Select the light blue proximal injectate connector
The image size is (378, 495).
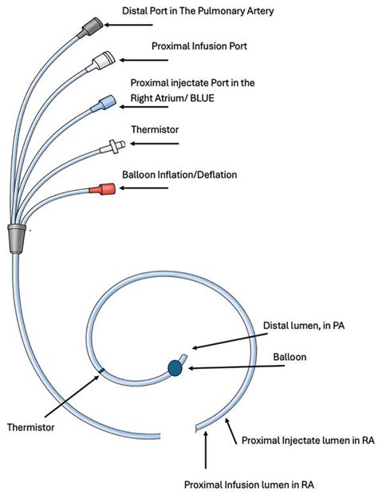tap(104, 103)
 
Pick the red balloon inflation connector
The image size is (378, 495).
tap(102, 188)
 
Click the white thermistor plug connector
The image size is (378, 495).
tap(112, 147)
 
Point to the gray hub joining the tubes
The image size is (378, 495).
tap(17, 239)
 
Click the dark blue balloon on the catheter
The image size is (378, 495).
tap(175, 367)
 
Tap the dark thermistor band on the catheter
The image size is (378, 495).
tap(101, 371)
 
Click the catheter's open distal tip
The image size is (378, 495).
tap(183, 357)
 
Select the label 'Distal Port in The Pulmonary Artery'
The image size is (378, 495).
tap(198, 10)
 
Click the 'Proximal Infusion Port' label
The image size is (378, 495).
tap(199, 46)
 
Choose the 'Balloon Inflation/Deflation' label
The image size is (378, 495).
tap(179, 175)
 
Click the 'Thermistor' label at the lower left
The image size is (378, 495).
tap(30, 427)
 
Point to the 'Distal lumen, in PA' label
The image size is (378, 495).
tap(304, 326)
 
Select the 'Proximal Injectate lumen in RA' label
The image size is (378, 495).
tap(308, 440)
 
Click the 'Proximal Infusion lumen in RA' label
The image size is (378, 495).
tap(249, 485)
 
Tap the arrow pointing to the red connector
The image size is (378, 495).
tap(144, 188)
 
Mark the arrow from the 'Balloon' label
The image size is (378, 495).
tap(236, 367)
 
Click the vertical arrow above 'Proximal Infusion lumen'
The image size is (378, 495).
tap(206, 450)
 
